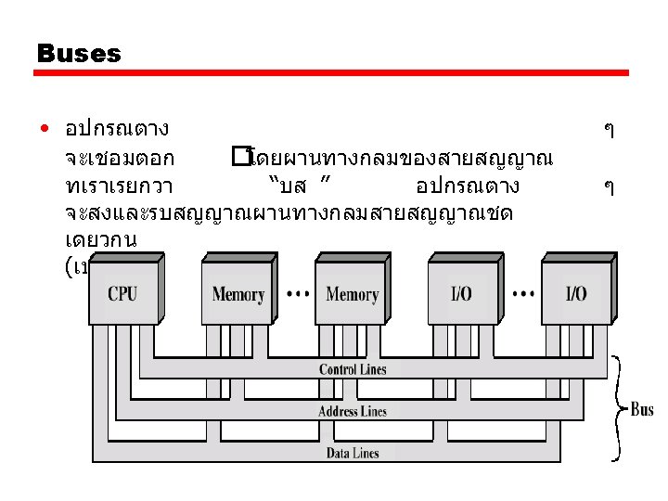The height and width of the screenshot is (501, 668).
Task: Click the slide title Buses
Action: point(79,54)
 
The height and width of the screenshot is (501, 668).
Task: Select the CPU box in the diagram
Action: point(122,293)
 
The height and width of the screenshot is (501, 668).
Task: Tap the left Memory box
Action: point(238,294)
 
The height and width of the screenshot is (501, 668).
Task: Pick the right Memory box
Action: point(352,294)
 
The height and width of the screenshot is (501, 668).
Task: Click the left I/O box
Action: point(461,294)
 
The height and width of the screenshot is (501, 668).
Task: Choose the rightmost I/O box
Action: point(575,294)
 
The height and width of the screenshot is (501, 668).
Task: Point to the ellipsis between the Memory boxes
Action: point(297,293)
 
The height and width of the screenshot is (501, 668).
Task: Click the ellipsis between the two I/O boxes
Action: point(522,293)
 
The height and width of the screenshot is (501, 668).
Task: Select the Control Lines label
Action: point(353,369)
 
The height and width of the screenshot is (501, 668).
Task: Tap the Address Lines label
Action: point(353,411)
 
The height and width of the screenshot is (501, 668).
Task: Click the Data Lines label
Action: point(353,454)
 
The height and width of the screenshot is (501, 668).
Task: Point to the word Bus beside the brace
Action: point(642,408)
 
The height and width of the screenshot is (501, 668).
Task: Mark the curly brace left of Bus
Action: point(617,408)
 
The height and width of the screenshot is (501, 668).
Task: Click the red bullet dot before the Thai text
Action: point(45,127)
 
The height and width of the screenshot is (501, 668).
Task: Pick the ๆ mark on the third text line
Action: point(608,186)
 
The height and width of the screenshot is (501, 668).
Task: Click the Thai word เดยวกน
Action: point(102,240)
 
